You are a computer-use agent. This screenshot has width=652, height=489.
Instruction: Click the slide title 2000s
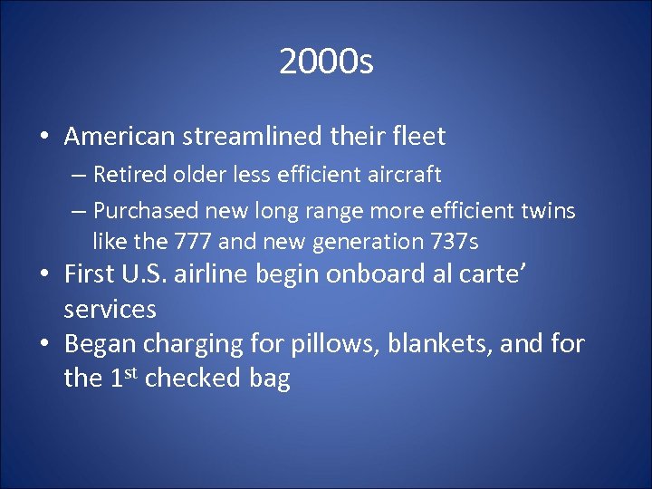click(x=326, y=62)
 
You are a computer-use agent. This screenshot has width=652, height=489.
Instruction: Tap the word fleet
click(x=417, y=137)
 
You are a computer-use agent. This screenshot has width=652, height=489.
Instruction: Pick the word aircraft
click(x=402, y=175)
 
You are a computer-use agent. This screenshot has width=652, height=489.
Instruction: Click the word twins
click(x=544, y=211)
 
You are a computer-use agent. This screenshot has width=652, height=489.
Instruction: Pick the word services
click(x=110, y=310)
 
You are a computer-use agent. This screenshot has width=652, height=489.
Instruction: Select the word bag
click(x=270, y=379)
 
